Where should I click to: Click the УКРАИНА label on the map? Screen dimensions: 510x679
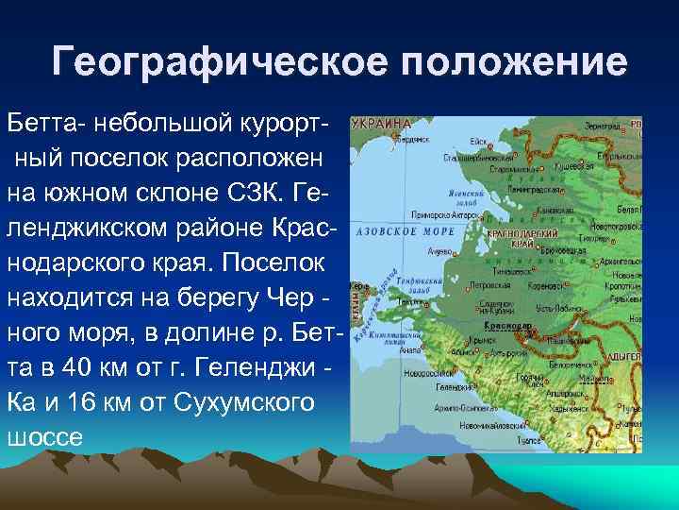pos(382,123)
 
